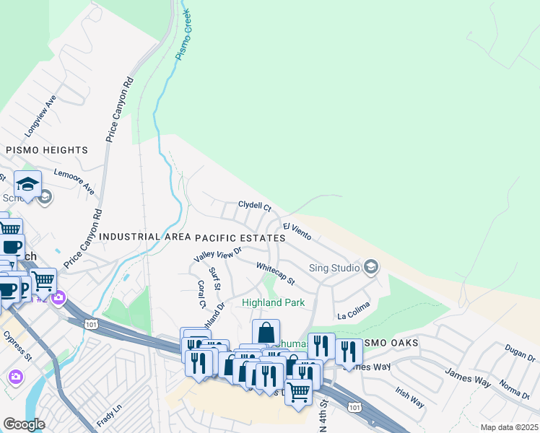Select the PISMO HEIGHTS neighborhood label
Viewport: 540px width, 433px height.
pyautogui.click(x=47, y=150)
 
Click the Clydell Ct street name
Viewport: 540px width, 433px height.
pyautogui.click(x=255, y=206)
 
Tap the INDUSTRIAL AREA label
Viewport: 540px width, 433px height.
pyautogui.click(x=145, y=237)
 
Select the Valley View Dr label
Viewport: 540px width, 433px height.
pyautogui.click(x=217, y=254)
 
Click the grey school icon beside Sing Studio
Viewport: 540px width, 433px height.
pyautogui.click(x=371, y=268)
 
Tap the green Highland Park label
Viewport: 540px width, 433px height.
pyautogui.click(x=273, y=303)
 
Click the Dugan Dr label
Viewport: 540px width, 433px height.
pyautogui.click(x=521, y=354)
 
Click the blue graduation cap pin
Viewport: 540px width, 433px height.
pyautogui.click(x=27, y=184)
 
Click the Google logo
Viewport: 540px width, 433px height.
pyautogui.click(x=24, y=424)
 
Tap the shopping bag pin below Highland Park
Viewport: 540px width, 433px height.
pyautogui.click(x=266, y=333)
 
